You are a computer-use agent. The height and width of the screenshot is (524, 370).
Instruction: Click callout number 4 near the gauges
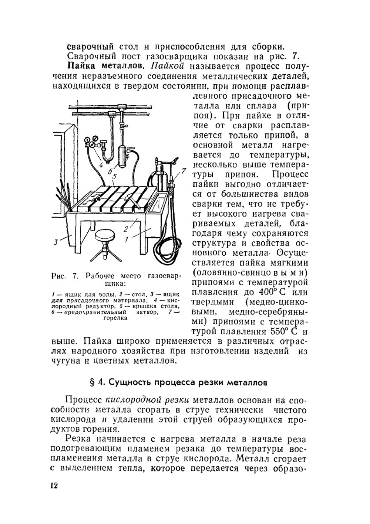tap(101, 165)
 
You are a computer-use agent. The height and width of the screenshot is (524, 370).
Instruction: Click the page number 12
tap(54, 485)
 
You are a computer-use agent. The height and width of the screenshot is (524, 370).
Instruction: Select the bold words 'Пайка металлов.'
tap(104, 67)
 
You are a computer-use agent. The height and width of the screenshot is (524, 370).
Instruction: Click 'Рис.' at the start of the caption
tap(59, 276)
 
